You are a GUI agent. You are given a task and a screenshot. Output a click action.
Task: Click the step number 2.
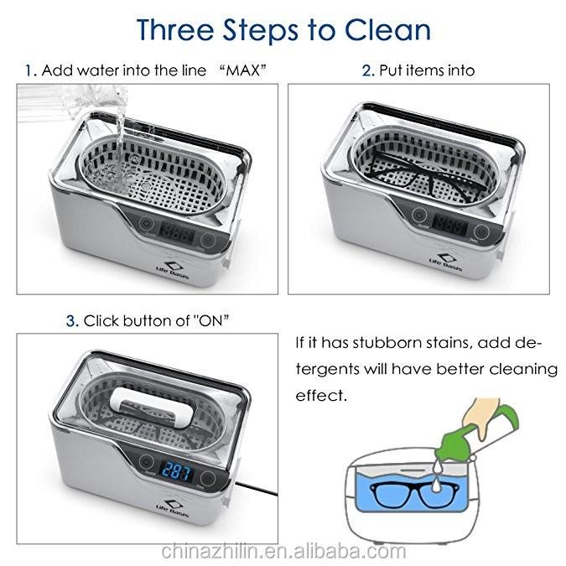(367, 70)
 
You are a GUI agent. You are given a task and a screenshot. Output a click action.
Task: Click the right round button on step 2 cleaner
(482, 230)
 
